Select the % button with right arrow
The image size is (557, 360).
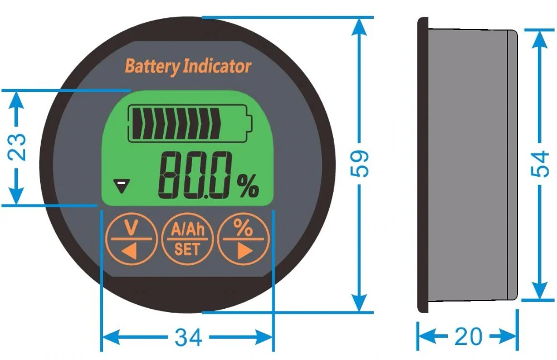[x=242, y=240]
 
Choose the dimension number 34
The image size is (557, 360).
[x=188, y=337]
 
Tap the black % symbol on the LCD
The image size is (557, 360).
[x=248, y=186]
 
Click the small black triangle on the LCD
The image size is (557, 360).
[x=120, y=185]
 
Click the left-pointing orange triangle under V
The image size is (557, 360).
[x=129, y=251]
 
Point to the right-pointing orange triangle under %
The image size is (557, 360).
[x=243, y=251]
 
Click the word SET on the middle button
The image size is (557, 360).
[x=187, y=249]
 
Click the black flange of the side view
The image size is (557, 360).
[x=423, y=164]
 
